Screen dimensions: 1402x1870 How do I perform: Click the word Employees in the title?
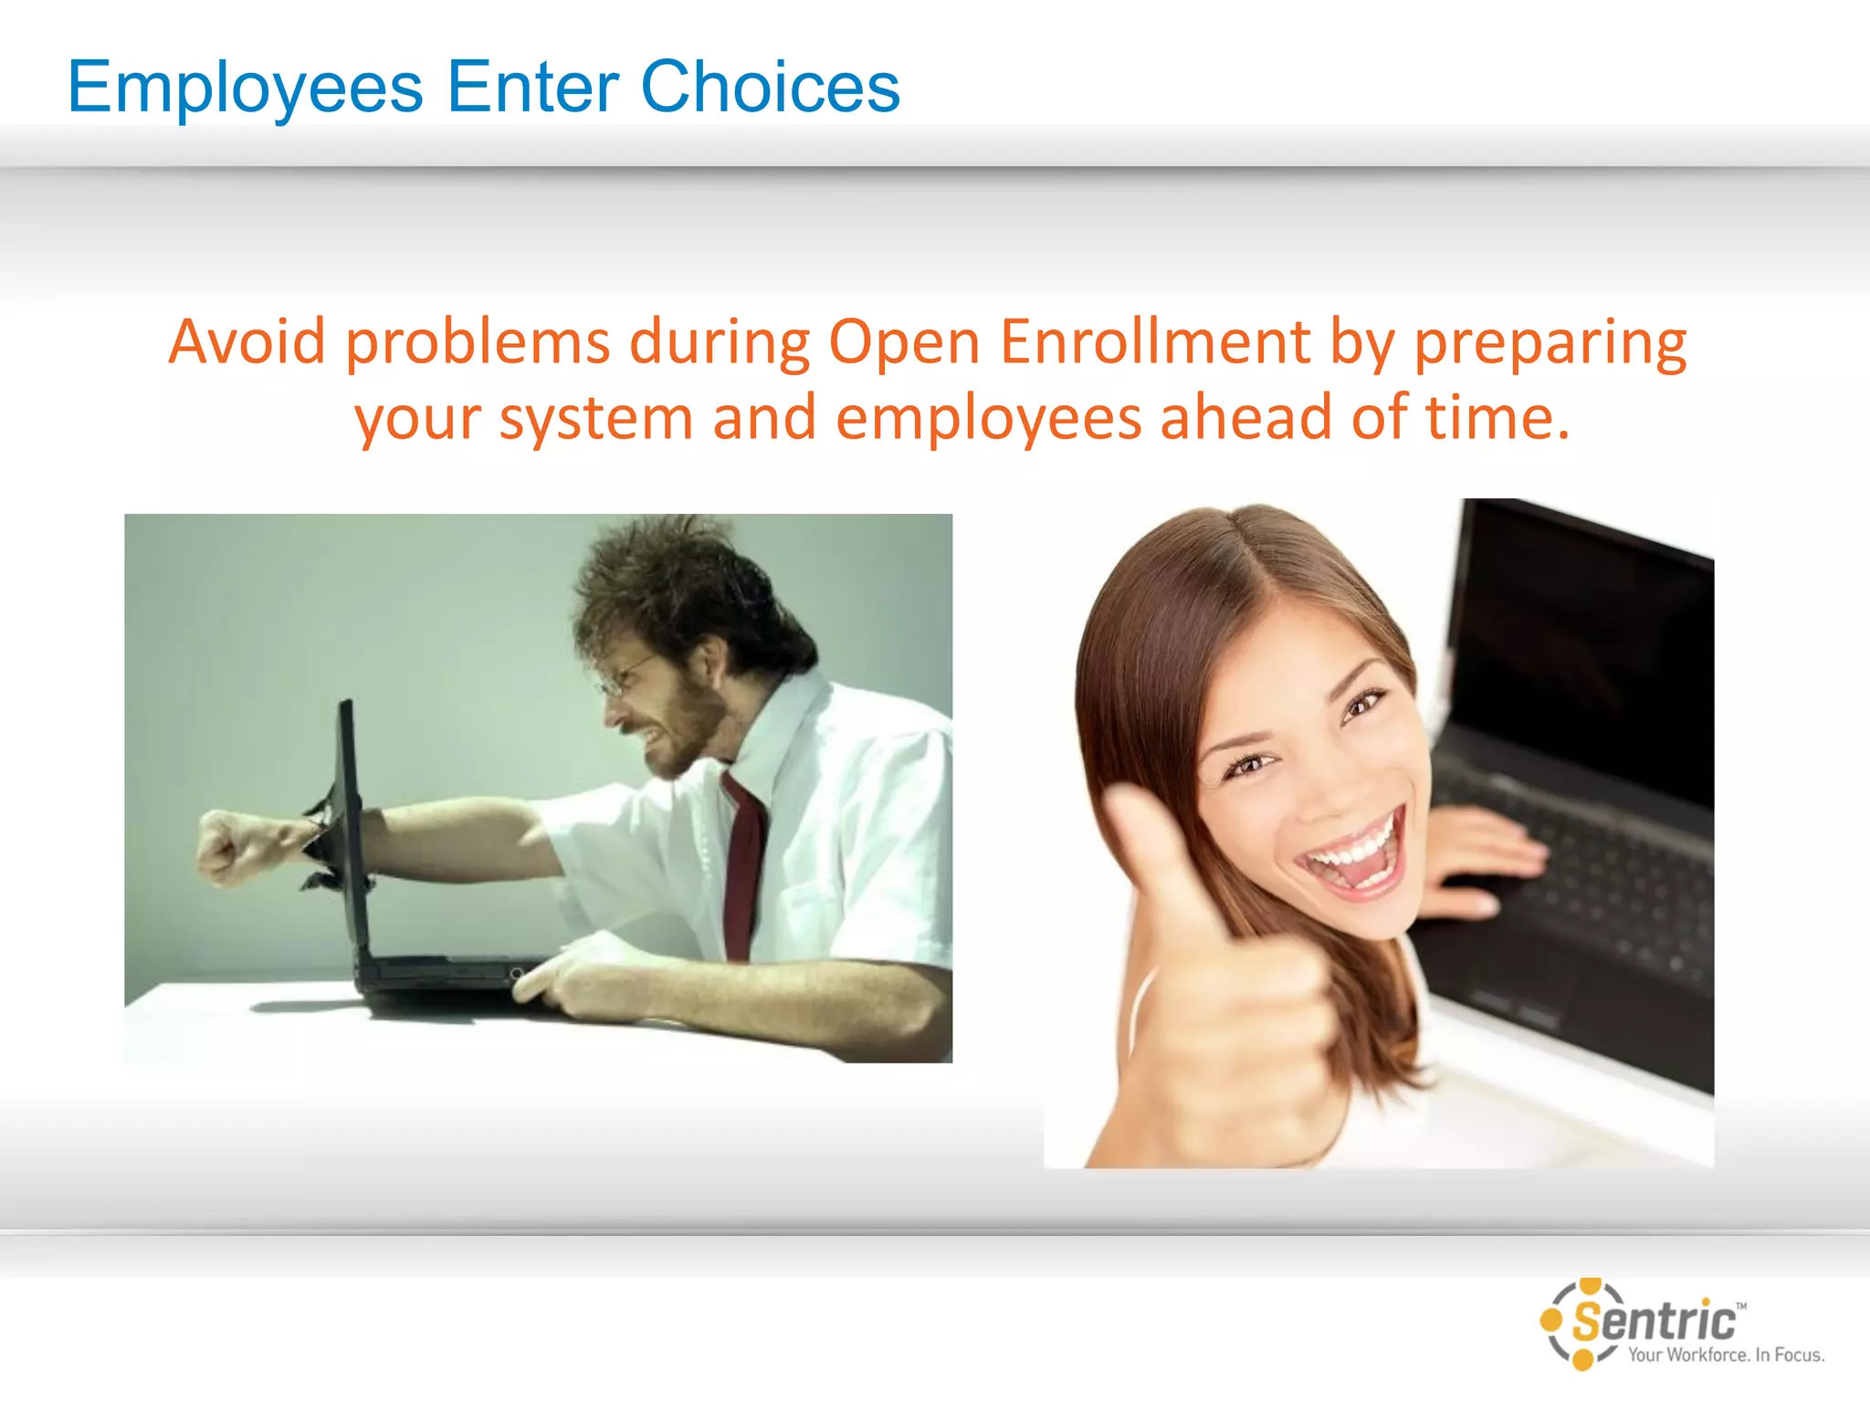[x=245, y=88]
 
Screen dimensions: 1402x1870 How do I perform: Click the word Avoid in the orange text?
[x=247, y=341]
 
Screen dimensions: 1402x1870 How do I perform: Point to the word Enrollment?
[x=1155, y=341]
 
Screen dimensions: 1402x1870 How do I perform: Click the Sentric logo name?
[x=1655, y=1321]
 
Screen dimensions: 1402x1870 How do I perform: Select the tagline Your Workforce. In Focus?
[x=1726, y=1355]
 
